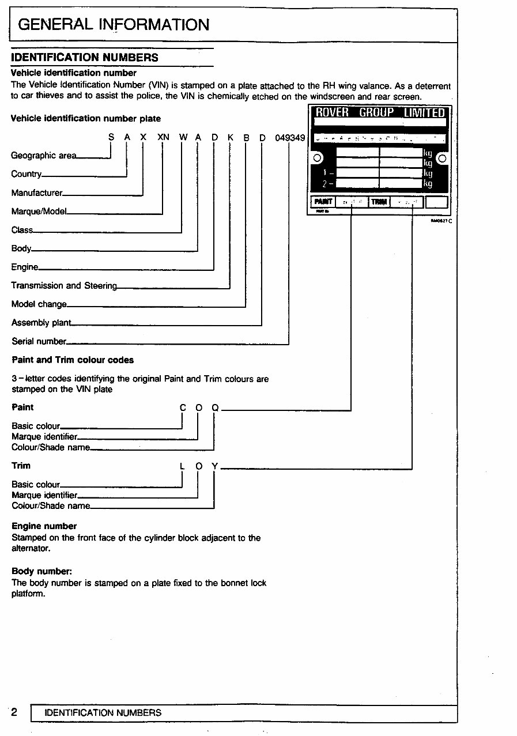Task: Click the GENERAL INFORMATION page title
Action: point(114,25)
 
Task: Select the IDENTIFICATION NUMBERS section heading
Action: point(85,58)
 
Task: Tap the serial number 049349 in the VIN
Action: point(289,138)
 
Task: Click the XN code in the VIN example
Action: point(163,138)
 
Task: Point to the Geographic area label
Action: point(43,156)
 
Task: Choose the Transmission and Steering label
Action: point(63,286)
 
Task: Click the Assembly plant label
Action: point(41,323)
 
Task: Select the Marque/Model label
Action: point(39,212)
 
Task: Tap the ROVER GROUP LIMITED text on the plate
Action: point(380,112)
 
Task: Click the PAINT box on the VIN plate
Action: point(323,202)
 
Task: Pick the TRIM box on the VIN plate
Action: point(379,202)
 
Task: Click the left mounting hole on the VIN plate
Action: point(316,158)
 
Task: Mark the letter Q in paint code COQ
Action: point(214,408)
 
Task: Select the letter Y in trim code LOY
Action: point(214,466)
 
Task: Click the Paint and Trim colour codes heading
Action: point(73,360)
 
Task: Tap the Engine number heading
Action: point(44,526)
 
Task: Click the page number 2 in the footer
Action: point(14,712)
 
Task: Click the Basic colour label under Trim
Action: point(36,485)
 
